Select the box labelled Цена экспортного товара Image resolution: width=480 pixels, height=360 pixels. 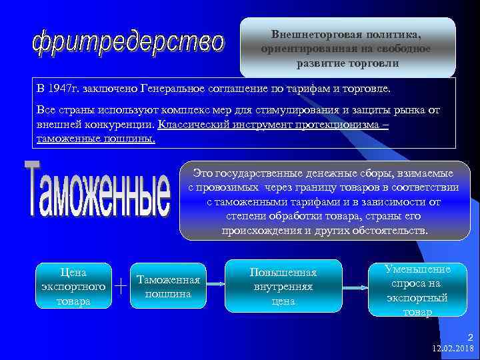tap(73, 287)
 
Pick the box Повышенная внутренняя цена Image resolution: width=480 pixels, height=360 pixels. tap(283, 287)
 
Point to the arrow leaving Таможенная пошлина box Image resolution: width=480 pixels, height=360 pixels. tap(215, 283)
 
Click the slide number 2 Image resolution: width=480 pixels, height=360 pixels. tap(471, 337)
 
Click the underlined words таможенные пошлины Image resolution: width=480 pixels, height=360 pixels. tap(94, 138)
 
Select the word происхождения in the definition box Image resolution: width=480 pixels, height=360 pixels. tap(261, 230)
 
